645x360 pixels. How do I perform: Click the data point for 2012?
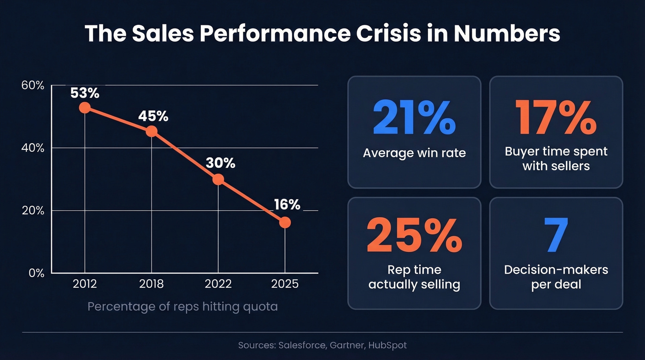click(x=84, y=107)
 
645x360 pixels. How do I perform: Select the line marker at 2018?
click(x=151, y=131)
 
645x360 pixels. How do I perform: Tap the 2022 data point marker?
click(x=218, y=179)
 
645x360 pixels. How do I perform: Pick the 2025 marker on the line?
click(x=285, y=222)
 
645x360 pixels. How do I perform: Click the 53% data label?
click(x=85, y=93)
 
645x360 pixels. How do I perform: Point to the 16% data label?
click(x=287, y=204)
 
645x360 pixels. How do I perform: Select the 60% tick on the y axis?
click(x=33, y=86)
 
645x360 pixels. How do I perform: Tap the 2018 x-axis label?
click(x=151, y=284)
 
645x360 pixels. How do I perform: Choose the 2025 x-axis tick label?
click(x=285, y=284)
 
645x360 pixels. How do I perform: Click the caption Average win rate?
click(x=414, y=153)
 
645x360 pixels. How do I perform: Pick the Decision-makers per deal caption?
click(x=556, y=277)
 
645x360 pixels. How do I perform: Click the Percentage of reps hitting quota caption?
click(x=182, y=306)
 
